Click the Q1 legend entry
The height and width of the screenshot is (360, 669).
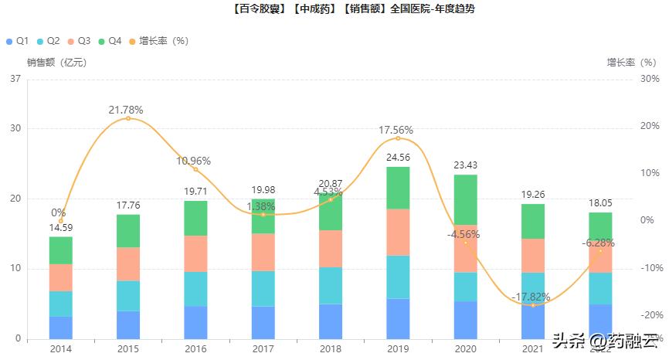point(18,40)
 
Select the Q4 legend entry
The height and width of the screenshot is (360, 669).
point(109,40)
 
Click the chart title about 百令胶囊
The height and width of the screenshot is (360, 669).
point(334,10)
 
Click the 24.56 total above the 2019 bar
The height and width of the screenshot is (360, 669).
point(398,158)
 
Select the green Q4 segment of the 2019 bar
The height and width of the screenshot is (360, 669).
point(398,188)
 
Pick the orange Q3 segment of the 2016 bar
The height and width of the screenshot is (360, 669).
point(195,253)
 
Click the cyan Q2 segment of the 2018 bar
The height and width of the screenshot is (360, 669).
point(331,286)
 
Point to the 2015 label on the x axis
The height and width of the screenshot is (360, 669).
point(128,349)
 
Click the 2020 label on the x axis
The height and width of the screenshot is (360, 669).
point(465,349)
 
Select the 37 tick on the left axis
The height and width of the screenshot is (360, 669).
point(15,79)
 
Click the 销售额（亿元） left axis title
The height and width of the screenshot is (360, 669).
point(57,63)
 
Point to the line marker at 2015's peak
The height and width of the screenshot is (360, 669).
point(128,118)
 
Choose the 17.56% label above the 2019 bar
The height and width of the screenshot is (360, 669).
point(396,130)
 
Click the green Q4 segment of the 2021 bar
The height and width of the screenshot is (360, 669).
point(532,221)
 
